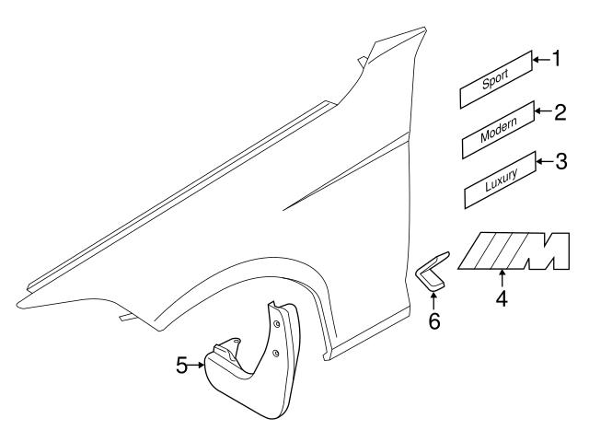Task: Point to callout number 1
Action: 555,60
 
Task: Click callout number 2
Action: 559,113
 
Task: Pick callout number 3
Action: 560,163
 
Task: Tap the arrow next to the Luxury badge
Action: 545,163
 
